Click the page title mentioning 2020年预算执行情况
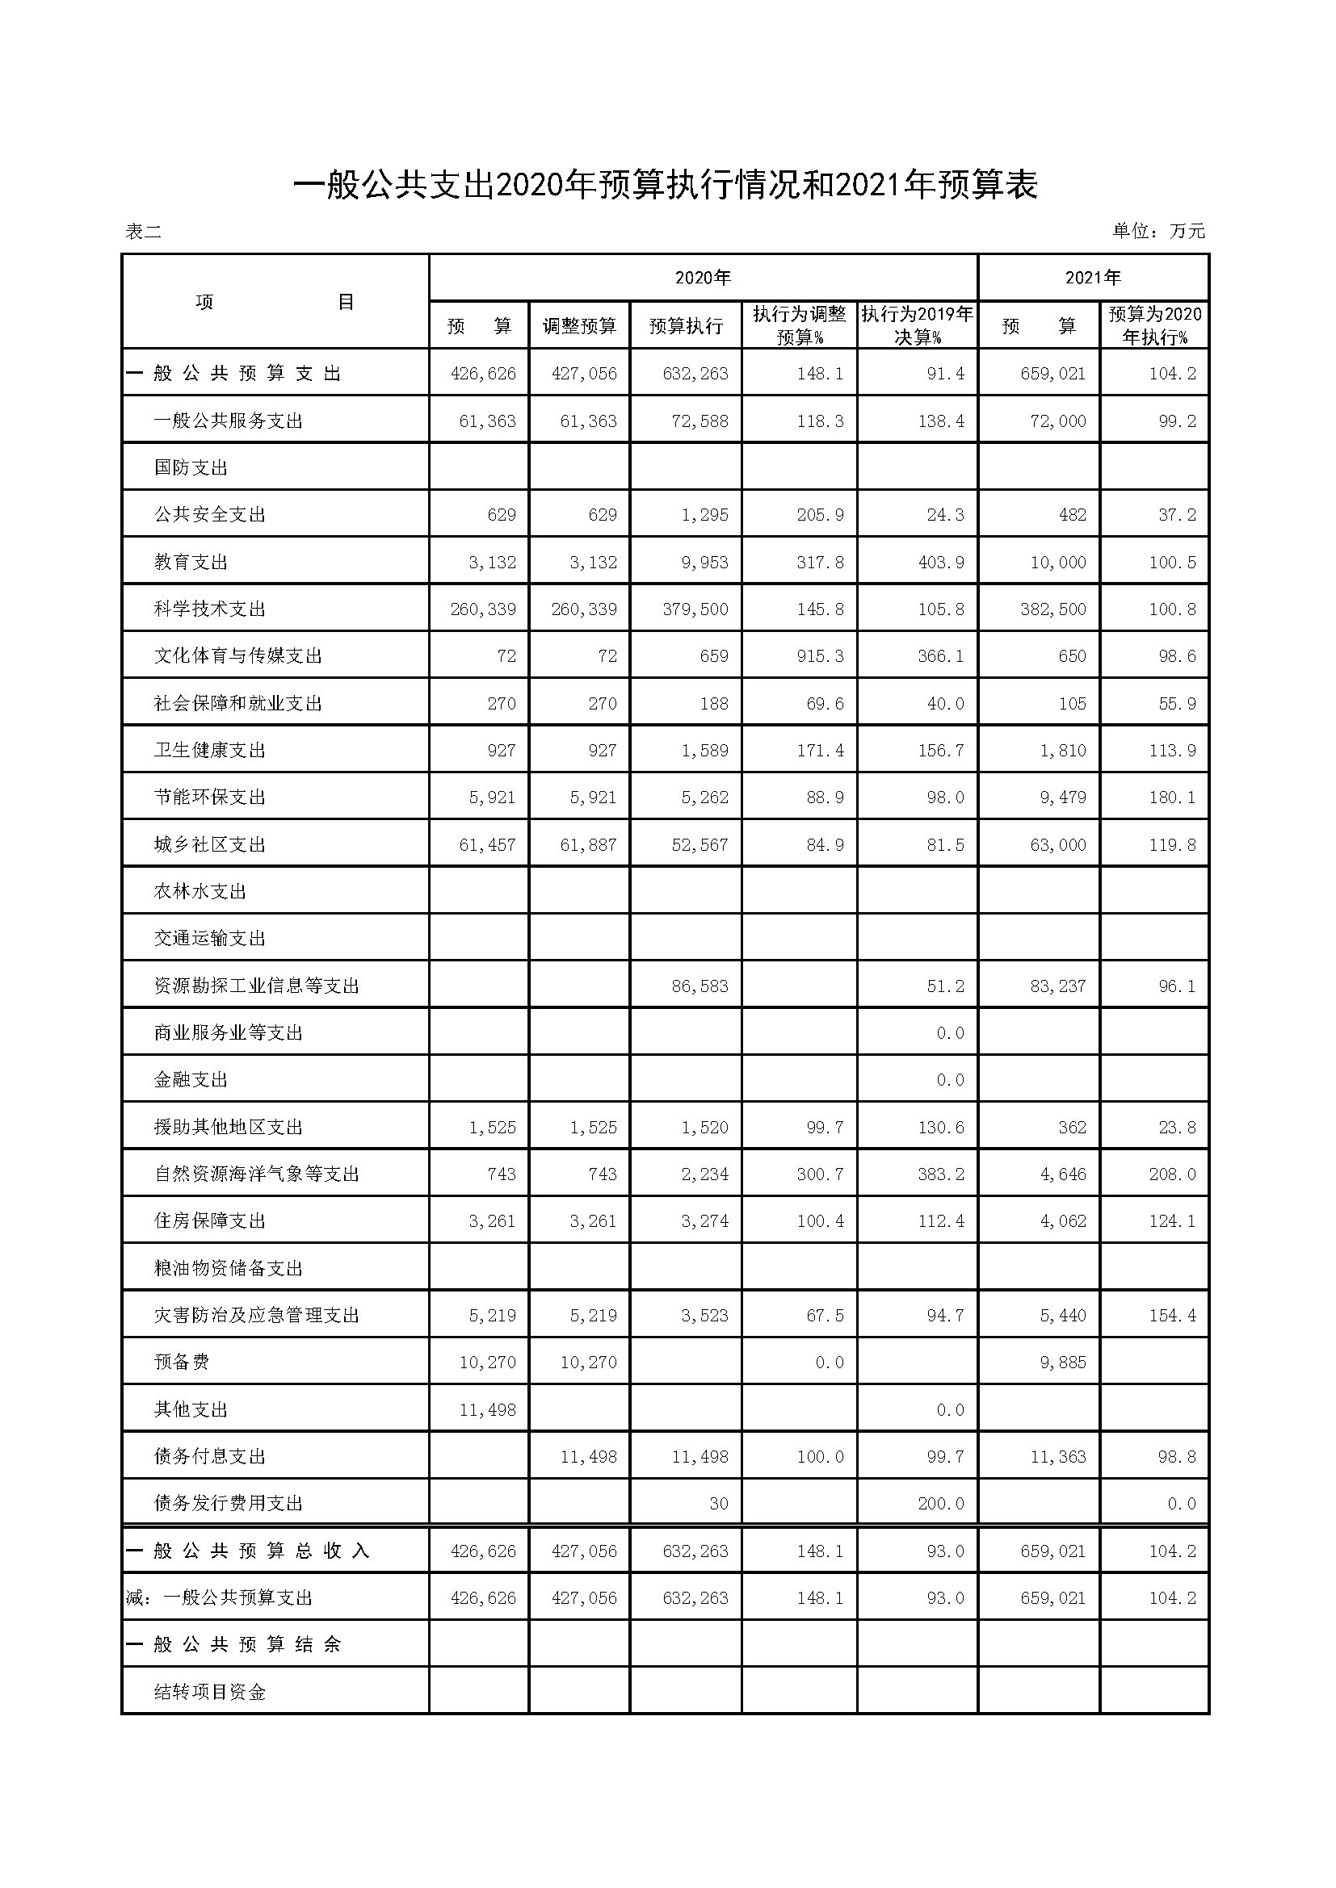[x=666, y=185]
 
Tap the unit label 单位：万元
[x=1158, y=231]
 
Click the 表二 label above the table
[x=143, y=232]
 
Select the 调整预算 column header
[x=579, y=326]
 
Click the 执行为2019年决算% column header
[x=918, y=325]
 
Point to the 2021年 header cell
[x=1093, y=278]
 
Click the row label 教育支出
[x=191, y=563]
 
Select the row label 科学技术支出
[x=210, y=609]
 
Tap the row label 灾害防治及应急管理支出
[x=257, y=1316]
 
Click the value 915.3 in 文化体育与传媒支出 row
[x=820, y=656]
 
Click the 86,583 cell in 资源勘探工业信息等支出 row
[x=700, y=986]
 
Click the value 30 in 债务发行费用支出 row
[x=718, y=1504]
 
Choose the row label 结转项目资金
[x=210, y=1693]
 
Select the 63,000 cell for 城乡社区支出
[x=1058, y=845]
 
